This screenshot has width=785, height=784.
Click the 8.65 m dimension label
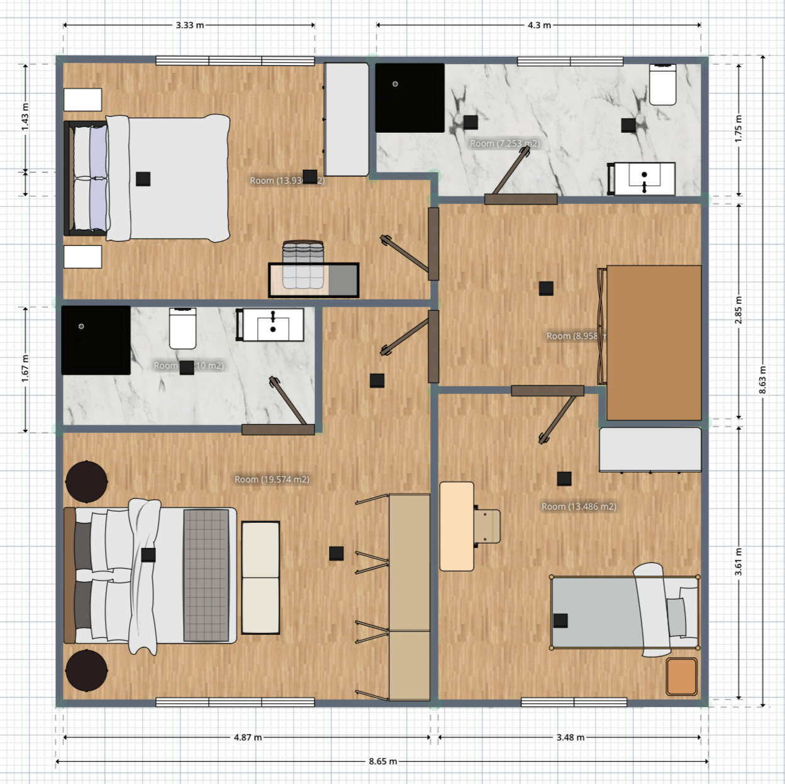tap(382, 761)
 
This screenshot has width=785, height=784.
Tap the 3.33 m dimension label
tap(189, 25)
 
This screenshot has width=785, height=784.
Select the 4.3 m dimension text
tap(539, 25)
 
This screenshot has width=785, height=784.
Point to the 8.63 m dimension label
tap(762, 380)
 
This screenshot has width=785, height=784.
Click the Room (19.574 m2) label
tap(272, 479)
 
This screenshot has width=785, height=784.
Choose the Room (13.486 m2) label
tap(579, 507)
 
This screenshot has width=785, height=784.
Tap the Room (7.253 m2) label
tap(504, 143)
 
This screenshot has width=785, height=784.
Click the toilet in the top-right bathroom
tap(662, 85)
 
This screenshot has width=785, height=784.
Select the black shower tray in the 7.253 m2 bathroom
tap(409, 98)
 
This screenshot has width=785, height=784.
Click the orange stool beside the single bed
tap(682, 676)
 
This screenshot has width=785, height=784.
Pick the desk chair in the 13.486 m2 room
tap(487, 526)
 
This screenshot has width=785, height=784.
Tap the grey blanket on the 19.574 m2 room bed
tap(206, 575)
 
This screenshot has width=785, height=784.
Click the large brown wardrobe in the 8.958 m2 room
tap(654, 342)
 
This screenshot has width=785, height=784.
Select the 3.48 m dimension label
tap(570, 737)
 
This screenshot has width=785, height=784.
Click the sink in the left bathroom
tap(273, 325)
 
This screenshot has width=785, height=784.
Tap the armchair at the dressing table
tap(303, 264)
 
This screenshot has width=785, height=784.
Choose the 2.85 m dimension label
tap(738, 310)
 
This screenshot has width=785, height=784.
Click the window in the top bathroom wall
tap(570, 61)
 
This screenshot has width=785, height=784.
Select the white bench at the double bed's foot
tap(260, 577)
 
